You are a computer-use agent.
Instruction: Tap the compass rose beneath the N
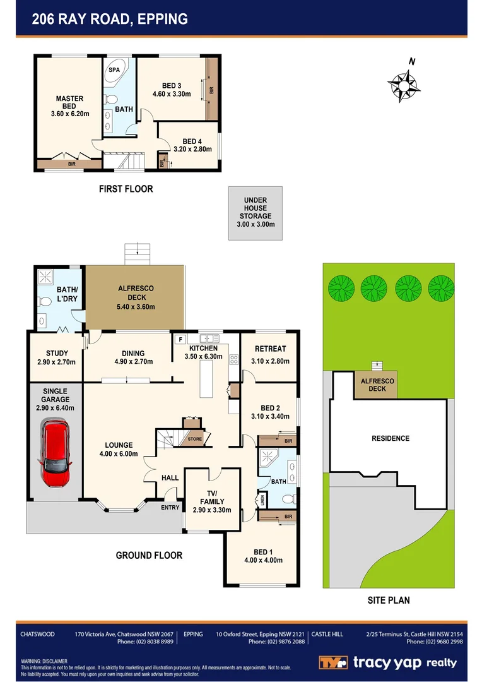[x=404, y=86]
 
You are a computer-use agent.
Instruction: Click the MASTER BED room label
[x=69, y=102]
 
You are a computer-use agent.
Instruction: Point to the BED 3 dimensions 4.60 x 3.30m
[x=172, y=94]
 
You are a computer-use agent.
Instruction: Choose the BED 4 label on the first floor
[x=192, y=141]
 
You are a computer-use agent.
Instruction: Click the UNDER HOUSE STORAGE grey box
[x=256, y=213]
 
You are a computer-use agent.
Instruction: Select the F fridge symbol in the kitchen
[x=180, y=339]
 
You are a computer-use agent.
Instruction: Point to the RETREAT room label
[x=270, y=349]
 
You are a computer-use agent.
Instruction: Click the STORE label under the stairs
[x=195, y=439]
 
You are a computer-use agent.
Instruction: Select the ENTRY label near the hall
[x=170, y=507]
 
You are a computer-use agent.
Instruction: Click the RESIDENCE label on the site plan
[x=390, y=438]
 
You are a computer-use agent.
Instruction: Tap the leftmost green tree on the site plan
[x=341, y=289]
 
